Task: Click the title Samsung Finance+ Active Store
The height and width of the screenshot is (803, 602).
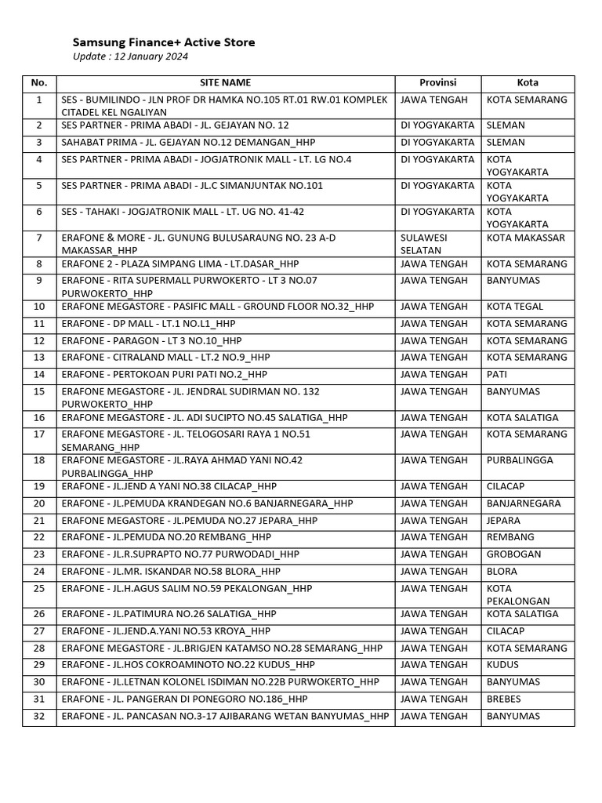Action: coord(164,42)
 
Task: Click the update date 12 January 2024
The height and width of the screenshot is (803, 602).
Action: coord(131,56)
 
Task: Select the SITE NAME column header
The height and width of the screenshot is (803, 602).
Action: coord(225,83)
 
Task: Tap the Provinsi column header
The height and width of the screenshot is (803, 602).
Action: coord(437,83)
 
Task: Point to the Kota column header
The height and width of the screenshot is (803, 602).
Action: coord(528,83)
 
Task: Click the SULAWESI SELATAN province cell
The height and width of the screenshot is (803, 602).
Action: coord(426,244)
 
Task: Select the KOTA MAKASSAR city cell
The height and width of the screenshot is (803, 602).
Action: coord(525,238)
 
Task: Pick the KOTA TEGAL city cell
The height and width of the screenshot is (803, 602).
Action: coord(515,307)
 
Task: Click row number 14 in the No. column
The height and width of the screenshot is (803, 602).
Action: coord(39,375)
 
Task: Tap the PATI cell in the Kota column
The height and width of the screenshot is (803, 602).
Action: coord(497,375)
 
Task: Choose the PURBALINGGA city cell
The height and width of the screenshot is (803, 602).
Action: coord(520,460)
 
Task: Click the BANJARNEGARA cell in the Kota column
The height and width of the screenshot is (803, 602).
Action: coord(524,503)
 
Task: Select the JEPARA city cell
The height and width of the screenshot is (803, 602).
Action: coord(503,520)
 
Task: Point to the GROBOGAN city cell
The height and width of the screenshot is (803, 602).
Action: coord(513,554)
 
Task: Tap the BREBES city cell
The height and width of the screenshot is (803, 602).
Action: coord(503,699)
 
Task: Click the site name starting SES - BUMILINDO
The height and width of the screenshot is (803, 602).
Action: coord(225,106)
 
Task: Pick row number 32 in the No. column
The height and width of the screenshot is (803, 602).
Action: coord(39,716)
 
